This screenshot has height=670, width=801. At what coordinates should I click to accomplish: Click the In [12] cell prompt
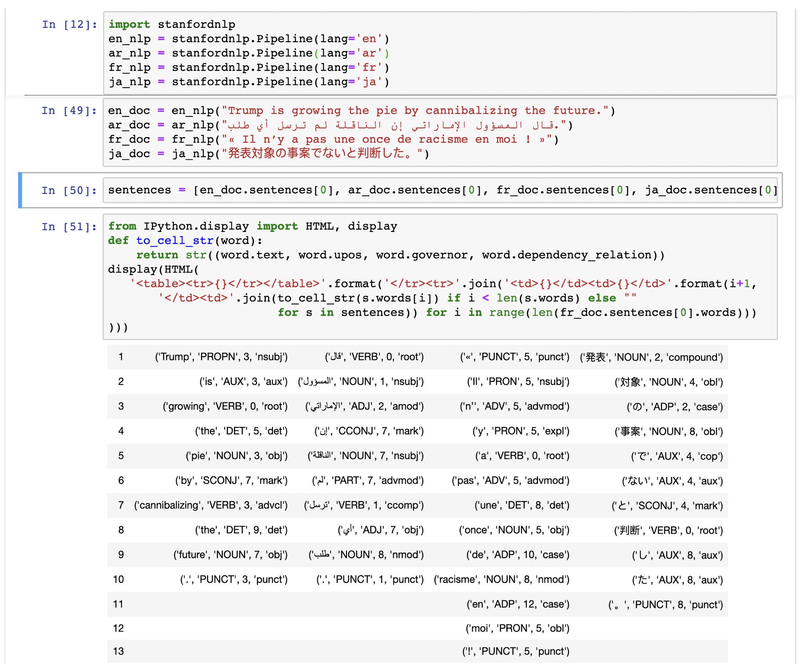click(x=69, y=25)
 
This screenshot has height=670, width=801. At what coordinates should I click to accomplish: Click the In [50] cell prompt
click(x=69, y=191)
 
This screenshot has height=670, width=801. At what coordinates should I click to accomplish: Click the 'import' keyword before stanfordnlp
click(x=129, y=24)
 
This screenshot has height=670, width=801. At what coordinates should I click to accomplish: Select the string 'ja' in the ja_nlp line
click(x=369, y=82)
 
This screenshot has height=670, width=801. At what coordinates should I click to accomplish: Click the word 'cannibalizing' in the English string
click(x=471, y=111)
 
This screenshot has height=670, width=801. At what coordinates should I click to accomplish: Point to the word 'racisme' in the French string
click(x=443, y=139)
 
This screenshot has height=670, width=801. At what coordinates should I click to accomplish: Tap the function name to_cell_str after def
click(x=174, y=240)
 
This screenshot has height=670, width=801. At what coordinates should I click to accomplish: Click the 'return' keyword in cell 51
click(x=157, y=255)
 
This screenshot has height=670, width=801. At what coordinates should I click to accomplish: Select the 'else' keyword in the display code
click(x=602, y=298)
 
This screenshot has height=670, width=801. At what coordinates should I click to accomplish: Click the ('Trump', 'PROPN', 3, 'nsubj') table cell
click(x=221, y=357)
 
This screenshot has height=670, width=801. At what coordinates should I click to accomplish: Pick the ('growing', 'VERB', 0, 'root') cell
click(x=225, y=406)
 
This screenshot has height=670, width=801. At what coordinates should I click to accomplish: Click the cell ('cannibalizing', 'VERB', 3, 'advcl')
click(x=211, y=505)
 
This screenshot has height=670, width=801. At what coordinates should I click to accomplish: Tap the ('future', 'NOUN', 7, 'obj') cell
click(x=230, y=554)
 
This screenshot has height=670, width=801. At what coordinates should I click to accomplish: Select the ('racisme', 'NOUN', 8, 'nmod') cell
click(x=501, y=579)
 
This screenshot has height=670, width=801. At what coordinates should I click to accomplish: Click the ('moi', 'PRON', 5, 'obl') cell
click(x=517, y=628)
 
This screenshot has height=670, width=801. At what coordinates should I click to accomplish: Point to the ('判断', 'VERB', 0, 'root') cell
click(x=668, y=530)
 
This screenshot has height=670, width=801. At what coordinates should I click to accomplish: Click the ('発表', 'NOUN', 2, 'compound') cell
click(x=651, y=357)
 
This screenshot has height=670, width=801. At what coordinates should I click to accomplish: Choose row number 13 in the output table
click(x=119, y=651)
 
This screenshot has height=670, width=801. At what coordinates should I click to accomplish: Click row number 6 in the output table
click(x=121, y=480)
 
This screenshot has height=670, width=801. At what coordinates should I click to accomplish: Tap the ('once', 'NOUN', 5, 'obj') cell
click(x=514, y=530)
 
